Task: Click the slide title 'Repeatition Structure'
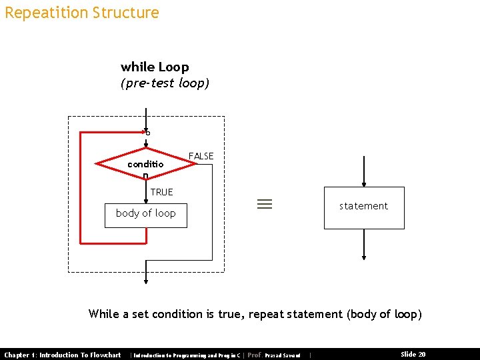[x=81, y=13]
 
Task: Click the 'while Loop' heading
[x=155, y=67]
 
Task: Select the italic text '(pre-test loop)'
[x=165, y=83]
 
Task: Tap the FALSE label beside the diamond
[x=201, y=156]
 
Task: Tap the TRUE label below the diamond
[x=161, y=192]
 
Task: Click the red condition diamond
[x=145, y=163]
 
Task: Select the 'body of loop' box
[x=145, y=213]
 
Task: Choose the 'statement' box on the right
[x=363, y=207]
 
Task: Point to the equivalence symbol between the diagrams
[x=265, y=205]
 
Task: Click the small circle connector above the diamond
[x=147, y=133]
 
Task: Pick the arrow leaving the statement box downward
[x=363, y=244]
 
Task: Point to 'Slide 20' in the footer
[x=413, y=355]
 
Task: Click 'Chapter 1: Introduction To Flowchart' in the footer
[x=63, y=355]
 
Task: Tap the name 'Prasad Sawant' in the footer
[x=282, y=355]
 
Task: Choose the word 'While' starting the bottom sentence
[x=103, y=314]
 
